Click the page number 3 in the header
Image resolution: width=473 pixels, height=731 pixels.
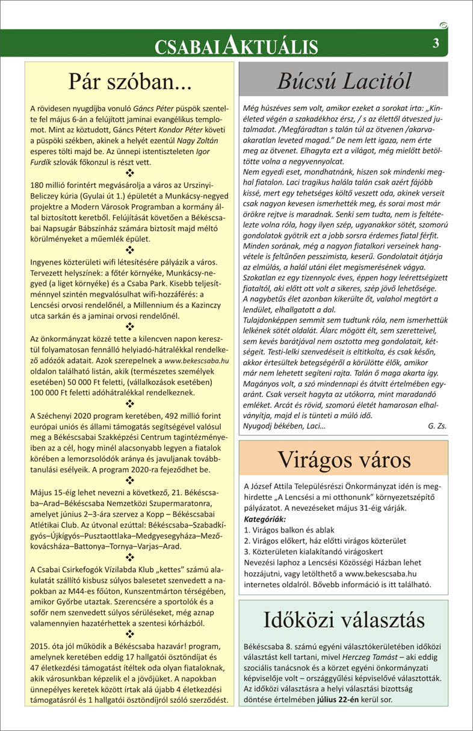tap(435, 43)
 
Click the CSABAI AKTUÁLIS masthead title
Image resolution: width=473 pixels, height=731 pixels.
tap(236, 46)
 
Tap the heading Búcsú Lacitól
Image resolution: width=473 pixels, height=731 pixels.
tap(344, 80)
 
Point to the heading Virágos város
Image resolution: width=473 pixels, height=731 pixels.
tap(343, 460)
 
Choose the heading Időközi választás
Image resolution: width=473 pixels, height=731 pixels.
tap(343, 619)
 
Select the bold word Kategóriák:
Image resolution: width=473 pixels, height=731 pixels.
tap(265, 519)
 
